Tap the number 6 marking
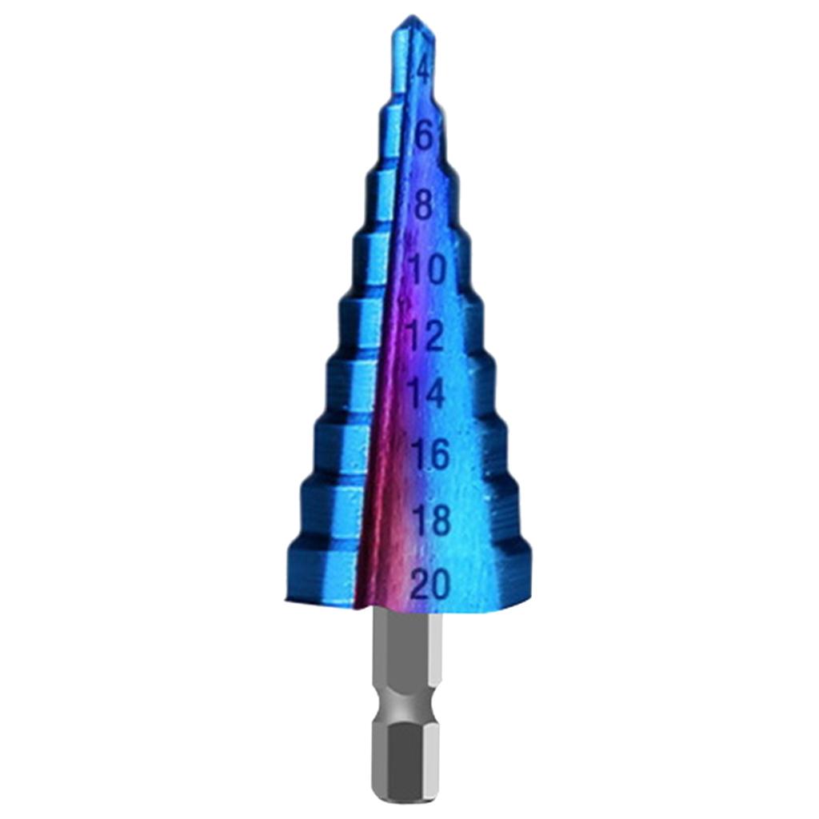pyautogui.click(x=424, y=137)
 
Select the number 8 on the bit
pyautogui.click(x=423, y=205)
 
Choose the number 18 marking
pyautogui.click(x=432, y=521)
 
